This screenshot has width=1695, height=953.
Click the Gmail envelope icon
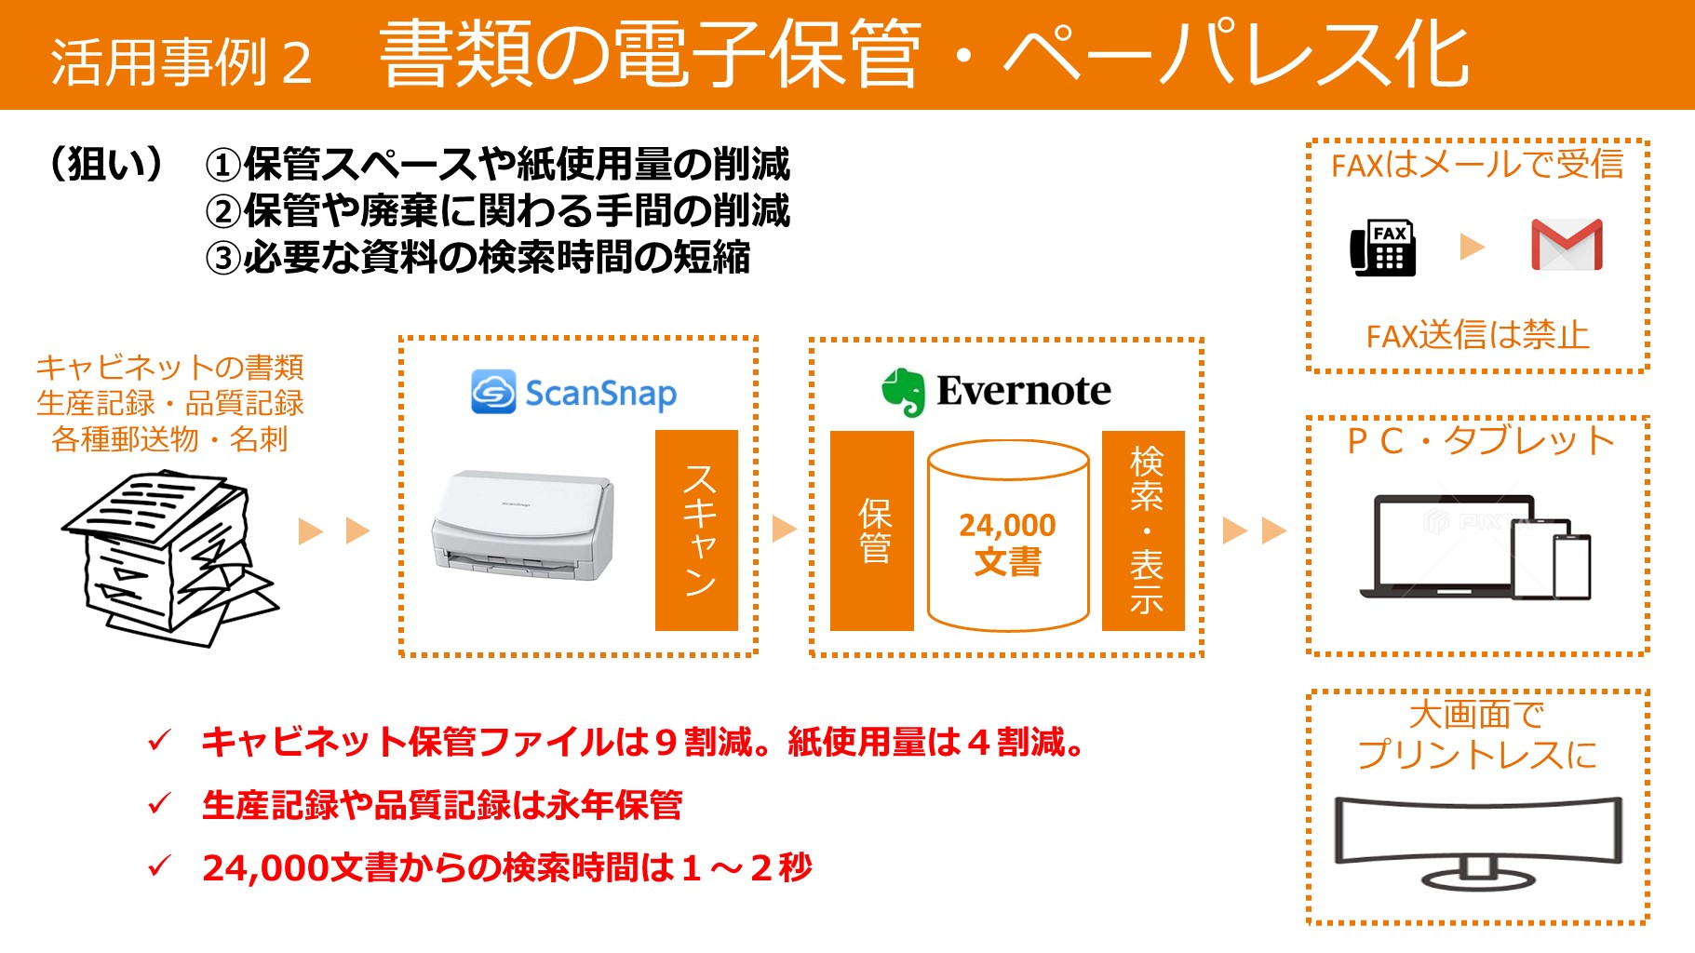point(1567,245)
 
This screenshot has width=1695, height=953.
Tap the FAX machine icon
point(1383,248)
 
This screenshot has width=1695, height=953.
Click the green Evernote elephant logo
point(903,392)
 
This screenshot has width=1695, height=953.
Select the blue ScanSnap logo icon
point(493,392)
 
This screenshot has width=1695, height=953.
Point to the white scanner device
point(522,526)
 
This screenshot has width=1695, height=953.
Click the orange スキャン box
point(696,530)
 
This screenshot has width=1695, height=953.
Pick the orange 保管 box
point(872,530)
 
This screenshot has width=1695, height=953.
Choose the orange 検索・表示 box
point(1144,530)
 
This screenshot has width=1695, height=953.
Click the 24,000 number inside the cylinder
point(1008,525)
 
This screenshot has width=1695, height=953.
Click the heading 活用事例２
point(182,62)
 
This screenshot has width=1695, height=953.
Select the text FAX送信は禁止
point(1478,335)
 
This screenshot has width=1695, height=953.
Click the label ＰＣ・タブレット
point(1480,440)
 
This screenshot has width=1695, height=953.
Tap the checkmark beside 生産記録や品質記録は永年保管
point(159,803)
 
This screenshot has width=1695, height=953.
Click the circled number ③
point(223,258)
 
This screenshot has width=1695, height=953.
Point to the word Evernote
point(1024,391)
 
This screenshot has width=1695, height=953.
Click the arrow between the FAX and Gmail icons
point(1472,247)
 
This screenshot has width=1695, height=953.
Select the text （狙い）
point(108,165)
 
